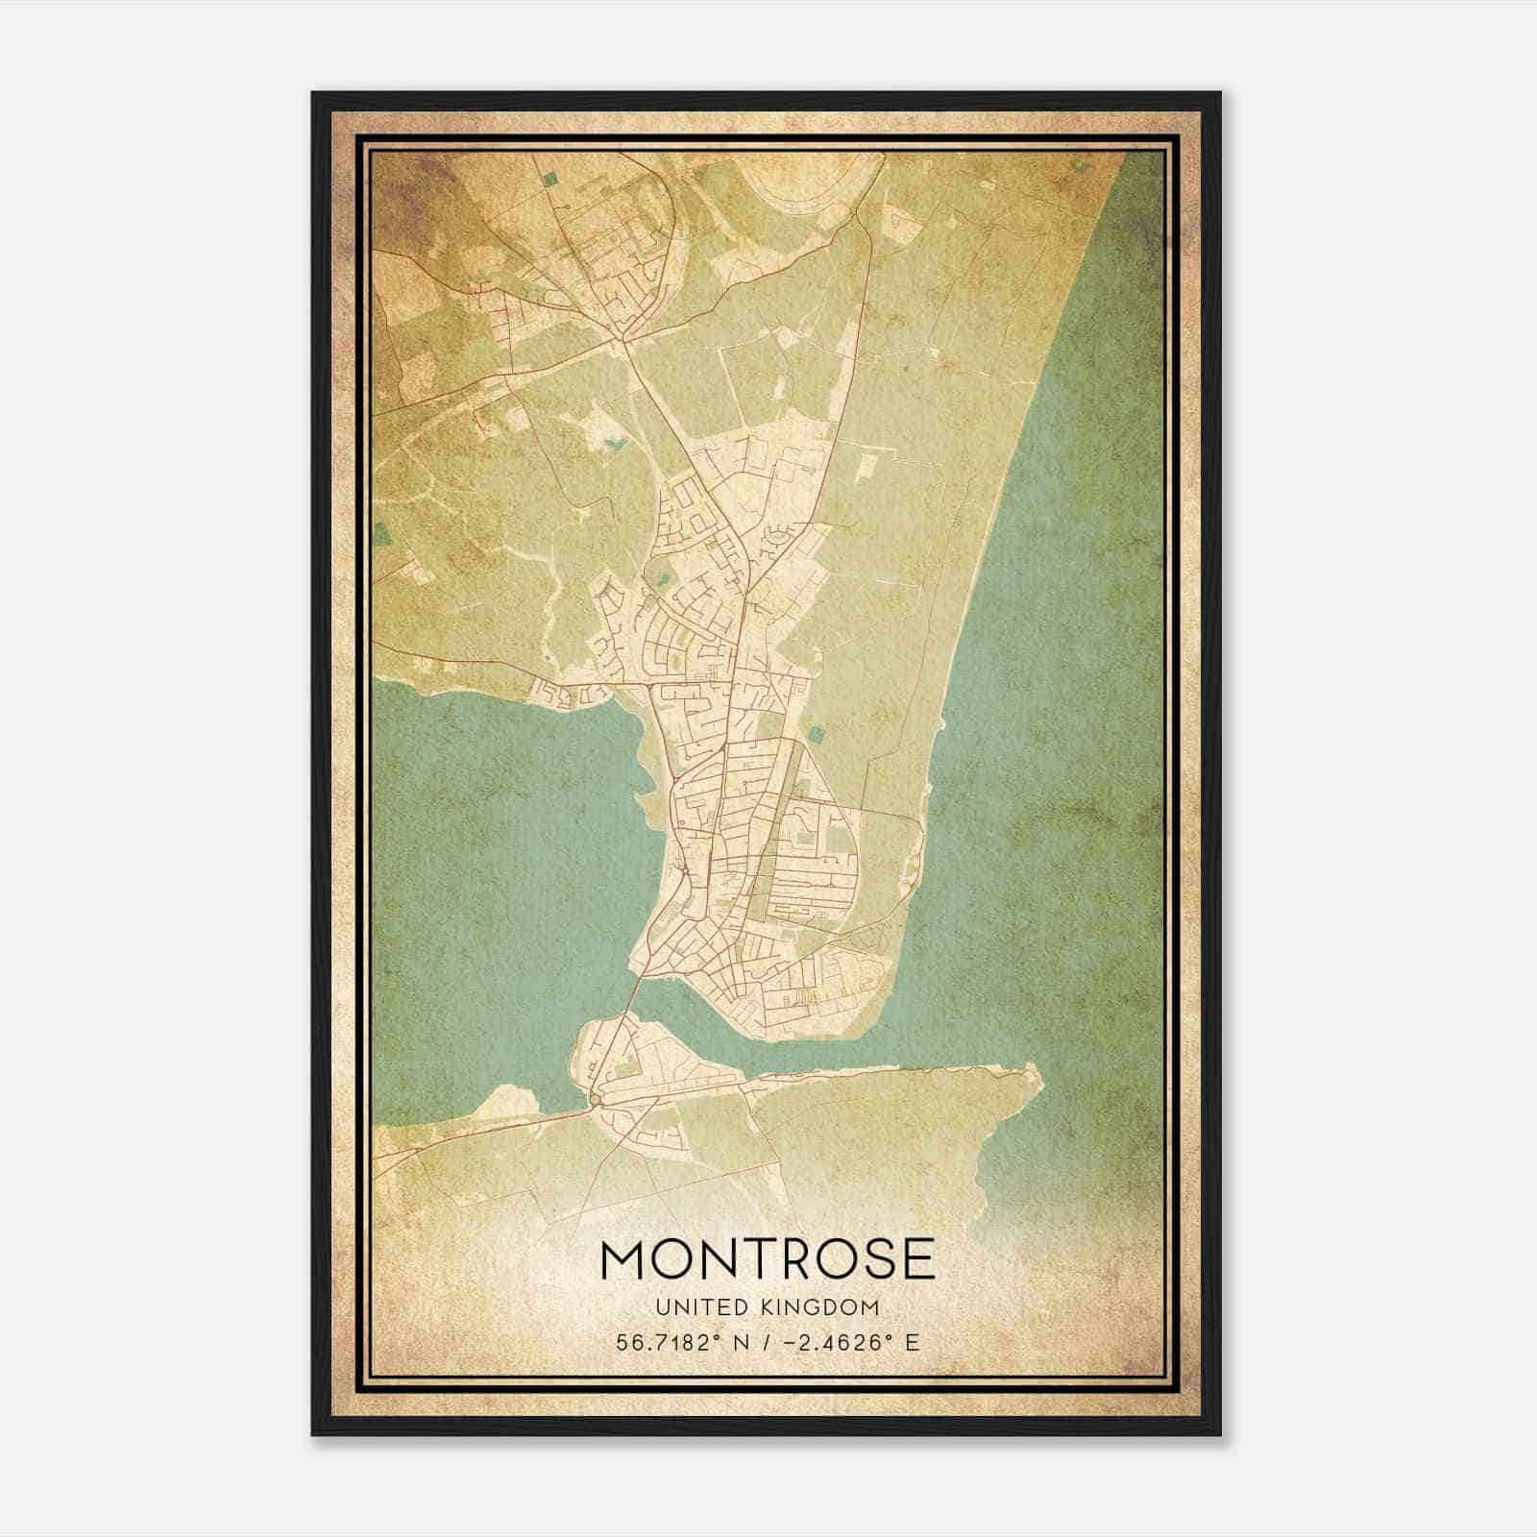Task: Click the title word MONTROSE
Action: [768, 1259]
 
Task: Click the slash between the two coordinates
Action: [766, 1342]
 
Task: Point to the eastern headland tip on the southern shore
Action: [1035, 1073]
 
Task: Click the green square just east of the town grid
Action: [816, 735]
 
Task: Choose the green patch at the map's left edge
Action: [382, 530]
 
